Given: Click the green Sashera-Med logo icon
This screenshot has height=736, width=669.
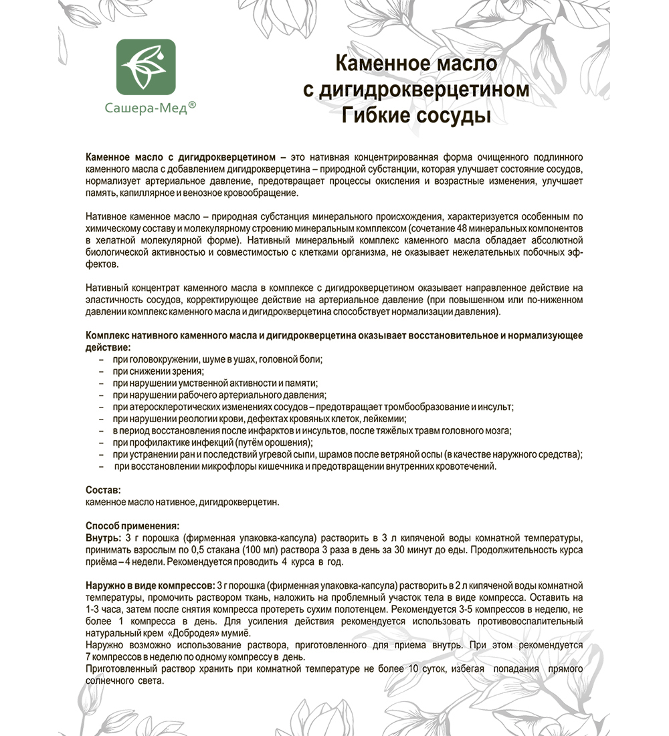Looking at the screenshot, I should pos(146,66).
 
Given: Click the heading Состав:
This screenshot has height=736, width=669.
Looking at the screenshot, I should pos(104,490).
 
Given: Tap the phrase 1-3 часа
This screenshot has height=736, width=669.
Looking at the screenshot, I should pos(106,610).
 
